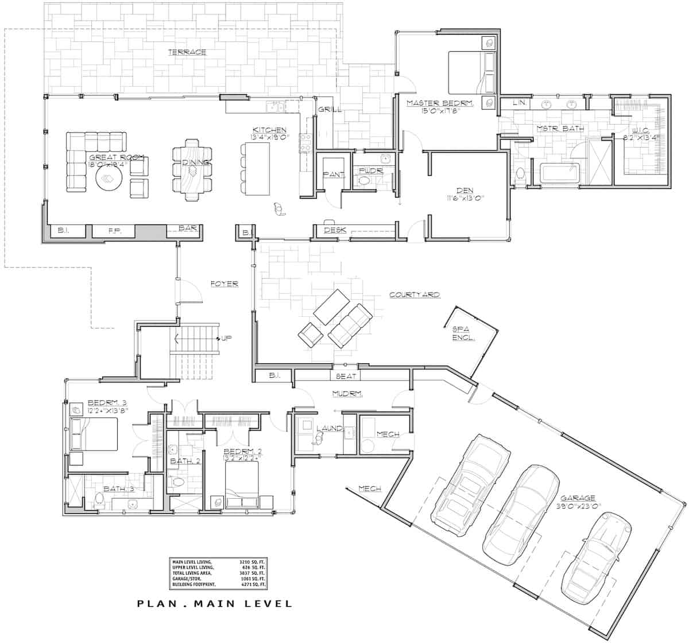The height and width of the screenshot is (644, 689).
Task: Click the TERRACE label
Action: coord(187,52)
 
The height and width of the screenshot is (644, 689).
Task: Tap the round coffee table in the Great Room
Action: coord(108,180)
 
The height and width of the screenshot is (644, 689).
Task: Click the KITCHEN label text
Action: coord(269,130)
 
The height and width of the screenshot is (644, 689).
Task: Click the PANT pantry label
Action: coord(333,174)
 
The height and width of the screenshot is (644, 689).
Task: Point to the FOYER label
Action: coord(224,284)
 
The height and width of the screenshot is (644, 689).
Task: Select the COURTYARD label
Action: coord(414,294)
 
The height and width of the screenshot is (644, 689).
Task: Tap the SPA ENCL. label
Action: coord(463,333)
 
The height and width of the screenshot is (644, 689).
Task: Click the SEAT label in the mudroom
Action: coord(346,376)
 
